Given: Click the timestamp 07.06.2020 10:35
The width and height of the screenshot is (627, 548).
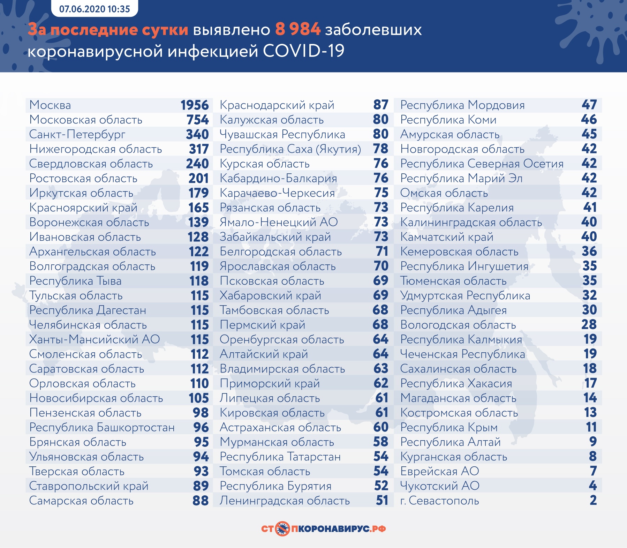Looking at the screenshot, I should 95,9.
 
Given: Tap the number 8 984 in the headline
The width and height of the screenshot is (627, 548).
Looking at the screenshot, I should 297,30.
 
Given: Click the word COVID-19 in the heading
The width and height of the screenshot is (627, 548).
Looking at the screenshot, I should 303,51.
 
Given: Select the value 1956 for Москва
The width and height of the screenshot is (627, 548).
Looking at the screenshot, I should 195,105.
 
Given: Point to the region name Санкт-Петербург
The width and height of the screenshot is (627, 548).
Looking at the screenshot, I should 77,134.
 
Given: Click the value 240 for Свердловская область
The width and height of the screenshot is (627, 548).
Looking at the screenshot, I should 197,164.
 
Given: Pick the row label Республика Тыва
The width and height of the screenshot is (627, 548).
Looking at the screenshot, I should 75,281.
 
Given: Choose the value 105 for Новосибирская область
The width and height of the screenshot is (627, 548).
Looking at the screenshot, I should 199,398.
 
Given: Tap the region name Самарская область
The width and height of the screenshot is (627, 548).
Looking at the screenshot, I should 81,501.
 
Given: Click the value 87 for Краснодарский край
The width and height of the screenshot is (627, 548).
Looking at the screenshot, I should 381,105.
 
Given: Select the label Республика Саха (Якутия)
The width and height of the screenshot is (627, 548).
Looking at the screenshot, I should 290,149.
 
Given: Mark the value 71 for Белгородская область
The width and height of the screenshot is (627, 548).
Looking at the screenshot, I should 382,252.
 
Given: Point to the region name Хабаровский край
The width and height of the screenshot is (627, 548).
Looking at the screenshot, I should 270,295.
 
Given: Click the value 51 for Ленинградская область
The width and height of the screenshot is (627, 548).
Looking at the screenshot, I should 382,501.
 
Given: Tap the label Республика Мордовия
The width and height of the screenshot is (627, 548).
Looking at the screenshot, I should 462,105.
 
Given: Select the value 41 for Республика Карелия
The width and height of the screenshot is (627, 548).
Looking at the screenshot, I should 590,208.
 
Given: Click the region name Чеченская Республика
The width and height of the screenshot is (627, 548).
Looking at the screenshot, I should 462,354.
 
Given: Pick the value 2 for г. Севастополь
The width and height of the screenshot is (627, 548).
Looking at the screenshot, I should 593,501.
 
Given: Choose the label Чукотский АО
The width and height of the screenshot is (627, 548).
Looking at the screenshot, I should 440,486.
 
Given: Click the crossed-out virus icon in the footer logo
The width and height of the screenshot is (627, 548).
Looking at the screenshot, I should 282,529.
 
